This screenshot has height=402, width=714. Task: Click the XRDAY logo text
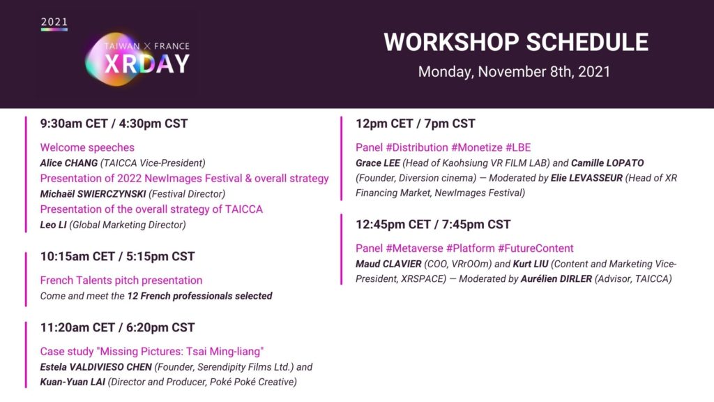point(146,64)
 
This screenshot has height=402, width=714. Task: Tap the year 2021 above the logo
point(54,22)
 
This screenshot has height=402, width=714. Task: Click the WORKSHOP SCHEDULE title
point(516,43)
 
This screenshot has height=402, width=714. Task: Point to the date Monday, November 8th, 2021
point(514,72)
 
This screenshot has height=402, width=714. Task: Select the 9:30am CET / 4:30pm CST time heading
point(114,124)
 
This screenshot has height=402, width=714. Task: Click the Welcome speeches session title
point(87,147)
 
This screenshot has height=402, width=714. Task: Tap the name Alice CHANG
point(69,163)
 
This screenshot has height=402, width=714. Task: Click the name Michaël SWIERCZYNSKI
point(93,194)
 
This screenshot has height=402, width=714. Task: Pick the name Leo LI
point(53,225)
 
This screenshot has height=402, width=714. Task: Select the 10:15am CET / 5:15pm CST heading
point(117,257)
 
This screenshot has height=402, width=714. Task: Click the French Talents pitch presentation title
point(121,281)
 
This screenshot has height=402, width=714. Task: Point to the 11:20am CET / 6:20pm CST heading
point(117,328)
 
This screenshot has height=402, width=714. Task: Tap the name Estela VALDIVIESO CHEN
point(96,367)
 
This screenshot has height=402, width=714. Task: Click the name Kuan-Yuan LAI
point(73,382)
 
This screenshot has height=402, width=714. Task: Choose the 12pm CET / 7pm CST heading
point(416,124)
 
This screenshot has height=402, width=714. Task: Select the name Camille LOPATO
point(607,163)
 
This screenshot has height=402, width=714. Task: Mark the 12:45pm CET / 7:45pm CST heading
point(433,224)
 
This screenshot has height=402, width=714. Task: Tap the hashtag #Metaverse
point(414,248)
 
